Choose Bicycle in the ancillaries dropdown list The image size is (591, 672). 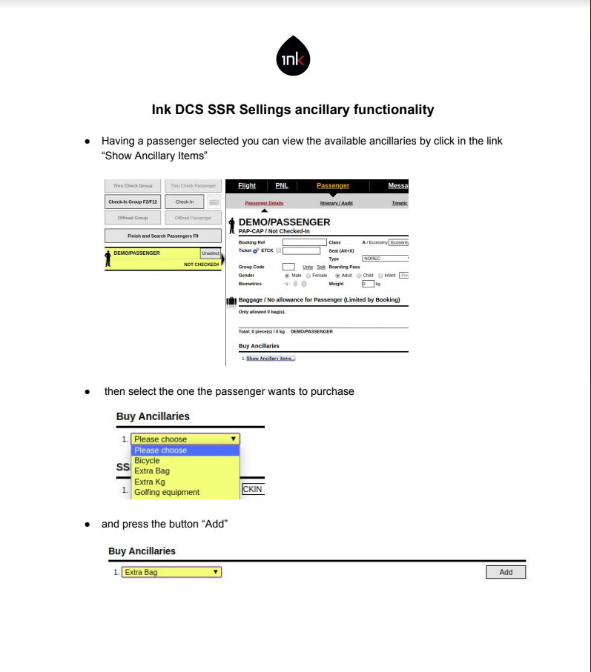[147, 461]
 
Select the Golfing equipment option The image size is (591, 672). [167, 492]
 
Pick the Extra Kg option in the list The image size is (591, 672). [150, 482]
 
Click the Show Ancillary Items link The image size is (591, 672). [271, 359]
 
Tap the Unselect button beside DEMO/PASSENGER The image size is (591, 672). [211, 253]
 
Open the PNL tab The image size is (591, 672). [282, 186]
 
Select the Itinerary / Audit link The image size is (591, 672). [336, 203]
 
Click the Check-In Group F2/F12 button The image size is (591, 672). [132, 202]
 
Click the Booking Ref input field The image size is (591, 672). [304, 242]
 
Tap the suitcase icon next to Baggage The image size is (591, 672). [231, 301]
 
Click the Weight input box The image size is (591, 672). [367, 283]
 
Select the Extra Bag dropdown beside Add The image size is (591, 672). [171, 572]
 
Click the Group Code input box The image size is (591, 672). [288, 267]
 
